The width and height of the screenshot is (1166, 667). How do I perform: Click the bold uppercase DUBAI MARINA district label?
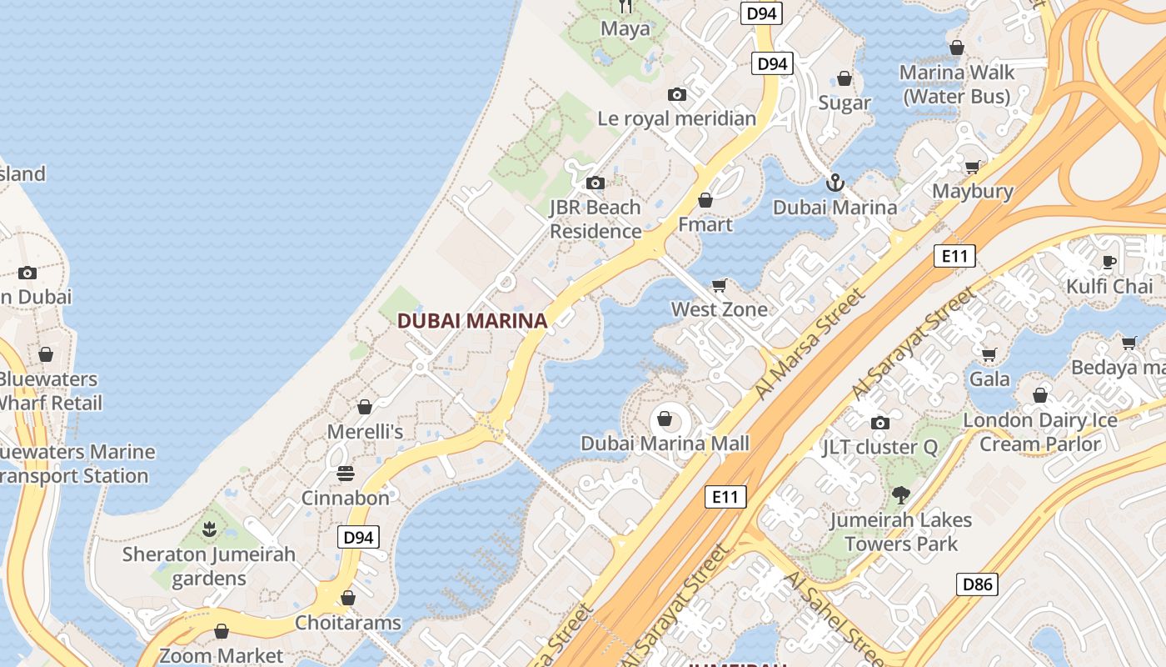click(x=471, y=321)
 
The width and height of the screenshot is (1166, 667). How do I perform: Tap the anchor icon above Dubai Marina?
click(x=835, y=183)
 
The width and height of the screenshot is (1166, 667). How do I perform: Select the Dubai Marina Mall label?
click(x=665, y=444)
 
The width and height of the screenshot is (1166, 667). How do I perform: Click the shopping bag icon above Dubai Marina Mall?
click(x=665, y=419)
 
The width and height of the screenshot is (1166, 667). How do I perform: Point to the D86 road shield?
click(x=977, y=584)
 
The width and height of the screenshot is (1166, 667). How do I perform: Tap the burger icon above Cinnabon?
click(x=346, y=474)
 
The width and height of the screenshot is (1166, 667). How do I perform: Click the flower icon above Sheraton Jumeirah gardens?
click(x=209, y=529)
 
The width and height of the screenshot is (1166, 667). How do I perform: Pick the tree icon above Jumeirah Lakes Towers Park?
click(x=900, y=495)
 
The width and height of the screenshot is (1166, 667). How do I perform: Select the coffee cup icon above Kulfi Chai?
click(x=1109, y=262)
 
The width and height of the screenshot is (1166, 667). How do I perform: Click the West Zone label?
click(x=719, y=309)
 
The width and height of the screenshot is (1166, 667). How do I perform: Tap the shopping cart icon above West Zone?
click(x=720, y=285)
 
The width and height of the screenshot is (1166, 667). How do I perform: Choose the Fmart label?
click(x=705, y=224)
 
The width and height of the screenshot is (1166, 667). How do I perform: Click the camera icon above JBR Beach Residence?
click(x=595, y=183)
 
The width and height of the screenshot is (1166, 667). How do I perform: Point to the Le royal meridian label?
click(x=676, y=118)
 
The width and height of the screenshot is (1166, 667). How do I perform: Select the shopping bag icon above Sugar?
click(x=845, y=79)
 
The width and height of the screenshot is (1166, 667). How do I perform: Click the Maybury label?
click(x=972, y=191)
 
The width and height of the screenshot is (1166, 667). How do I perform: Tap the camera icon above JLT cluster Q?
click(x=879, y=423)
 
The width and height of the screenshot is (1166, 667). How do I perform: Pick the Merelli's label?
click(x=365, y=432)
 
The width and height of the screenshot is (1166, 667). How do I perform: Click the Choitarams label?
click(x=348, y=623)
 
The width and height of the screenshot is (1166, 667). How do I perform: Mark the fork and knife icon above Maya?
click(x=625, y=7)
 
